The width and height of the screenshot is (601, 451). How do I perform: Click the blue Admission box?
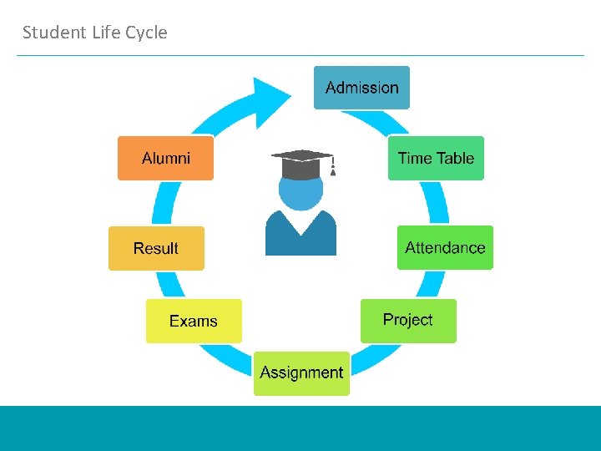tap(361, 88)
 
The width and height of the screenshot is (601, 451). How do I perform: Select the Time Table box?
tap(436, 158)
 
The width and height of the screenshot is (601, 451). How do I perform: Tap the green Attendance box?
tap(445, 247)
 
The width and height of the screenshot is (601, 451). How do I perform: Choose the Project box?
tap(408, 320)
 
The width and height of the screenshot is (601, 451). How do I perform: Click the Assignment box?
tap(301, 372)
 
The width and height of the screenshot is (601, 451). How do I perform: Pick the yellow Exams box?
tap(194, 321)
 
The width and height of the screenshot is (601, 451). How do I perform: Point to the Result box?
tap(156, 248)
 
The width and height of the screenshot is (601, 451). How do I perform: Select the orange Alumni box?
tap(165, 158)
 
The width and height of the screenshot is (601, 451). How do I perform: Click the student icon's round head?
tap(300, 191)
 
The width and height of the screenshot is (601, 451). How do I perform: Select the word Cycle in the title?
tap(146, 33)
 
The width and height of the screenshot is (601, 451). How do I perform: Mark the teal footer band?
tap(300, 428)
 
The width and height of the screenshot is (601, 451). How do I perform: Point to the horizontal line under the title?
tap(300, 56)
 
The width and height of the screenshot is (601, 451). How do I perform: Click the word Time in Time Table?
tap(415, 158)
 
